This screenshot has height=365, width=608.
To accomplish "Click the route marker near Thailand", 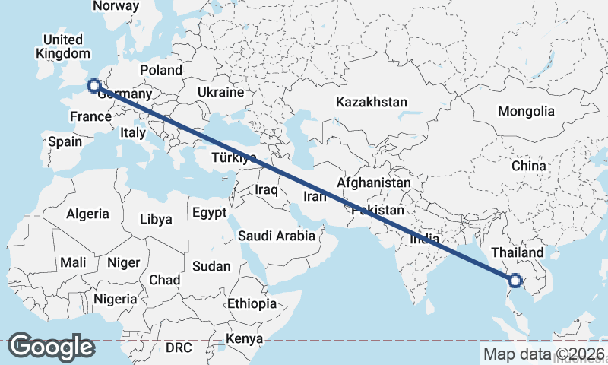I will pyautogui.click(x=515, y=281).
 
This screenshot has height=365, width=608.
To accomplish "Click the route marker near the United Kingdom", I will pyautogui.click(x=94, y=85).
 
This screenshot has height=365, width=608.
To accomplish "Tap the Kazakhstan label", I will pyautogui.click(x=372, y=102).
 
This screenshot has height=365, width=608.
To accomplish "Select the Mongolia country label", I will pyautogui.click(x=526, y=111).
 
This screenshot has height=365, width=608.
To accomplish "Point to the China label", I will pyautogui.click(x=528, y=166).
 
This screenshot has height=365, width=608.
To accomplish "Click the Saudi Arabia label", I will pyautogui.click(x=276, y=236).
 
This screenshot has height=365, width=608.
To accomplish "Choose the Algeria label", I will pyautogui.click(x=87, y=214).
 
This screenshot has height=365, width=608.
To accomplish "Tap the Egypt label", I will pyautogui.click(x=210, y=212).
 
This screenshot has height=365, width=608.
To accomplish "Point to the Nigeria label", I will pyautogui.click(x=116, y=299).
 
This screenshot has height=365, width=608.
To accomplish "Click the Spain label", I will pyautogui.click(x=65, y=141).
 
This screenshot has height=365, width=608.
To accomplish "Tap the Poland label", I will pyautogui.click(x=160, y=70).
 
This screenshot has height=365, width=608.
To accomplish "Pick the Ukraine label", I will pyautogui.click(x=220, y=92).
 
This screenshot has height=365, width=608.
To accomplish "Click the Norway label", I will pyautogui.click(x=116, y=6).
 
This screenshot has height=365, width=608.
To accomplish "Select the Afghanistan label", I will pyautogui.click(x=373, y=183).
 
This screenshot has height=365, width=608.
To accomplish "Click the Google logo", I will pyautogui.click(x=51, y=347).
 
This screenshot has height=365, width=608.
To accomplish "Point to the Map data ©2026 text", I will pyautogui.click(x=544, y=354).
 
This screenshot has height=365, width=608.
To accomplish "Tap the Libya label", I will pyautogui.click(x=156, y=219).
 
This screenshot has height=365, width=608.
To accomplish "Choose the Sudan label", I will pyautogui.click(x=206, y=266).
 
